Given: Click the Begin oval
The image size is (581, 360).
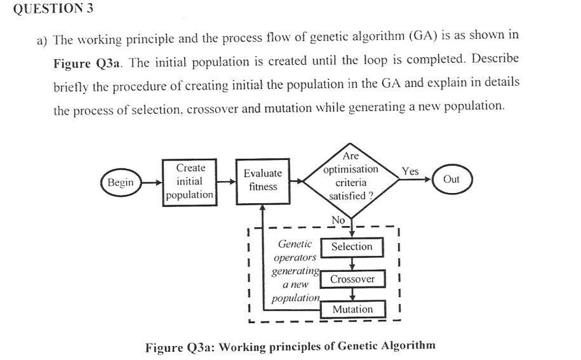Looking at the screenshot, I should click(x=120, y=183).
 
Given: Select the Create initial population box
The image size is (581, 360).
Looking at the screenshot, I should click(x=189, y=182).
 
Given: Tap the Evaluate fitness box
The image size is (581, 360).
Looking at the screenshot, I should click(x=263, y=180).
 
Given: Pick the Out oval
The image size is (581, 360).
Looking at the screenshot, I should click(x=451, y=180).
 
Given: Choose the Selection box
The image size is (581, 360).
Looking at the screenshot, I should click(x=352, y=246).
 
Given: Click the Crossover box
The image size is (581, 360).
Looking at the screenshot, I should click(x=352, y=279).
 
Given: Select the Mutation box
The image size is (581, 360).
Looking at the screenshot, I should click(x=352, y=309).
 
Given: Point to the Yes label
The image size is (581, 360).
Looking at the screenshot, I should click(x=410, y=171).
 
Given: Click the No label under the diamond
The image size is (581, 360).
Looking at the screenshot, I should click(x=338, y=220).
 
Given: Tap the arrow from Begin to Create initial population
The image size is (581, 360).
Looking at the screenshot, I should click(x=150, y=183).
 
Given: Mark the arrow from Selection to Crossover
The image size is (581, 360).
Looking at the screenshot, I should click(x=352, y=263).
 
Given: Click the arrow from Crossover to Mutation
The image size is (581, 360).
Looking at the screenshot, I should click(x=352, y=295).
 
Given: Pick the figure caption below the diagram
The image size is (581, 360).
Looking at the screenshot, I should click(x=290, y=346).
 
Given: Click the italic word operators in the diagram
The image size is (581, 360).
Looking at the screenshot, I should click(x=294, y=258).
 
